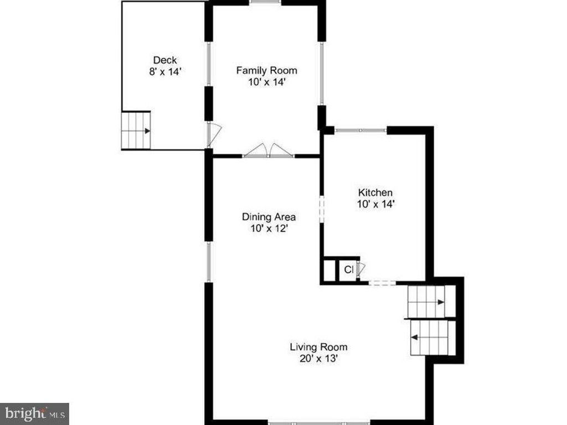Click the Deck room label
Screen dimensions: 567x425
point(165,60)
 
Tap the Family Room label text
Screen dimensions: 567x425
point(267,70)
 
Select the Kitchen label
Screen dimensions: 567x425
point(375,192)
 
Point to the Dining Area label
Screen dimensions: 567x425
point(269,217)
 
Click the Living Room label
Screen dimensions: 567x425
point(318,347)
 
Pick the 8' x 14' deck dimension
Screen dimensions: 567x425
point(165,71)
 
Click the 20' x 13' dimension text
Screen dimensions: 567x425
point(318,359)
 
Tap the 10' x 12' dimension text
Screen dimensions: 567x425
point(269,229)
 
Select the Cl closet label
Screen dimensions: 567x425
point(349,269)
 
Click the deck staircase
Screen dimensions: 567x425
point(136,131)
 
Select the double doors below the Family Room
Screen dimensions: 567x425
point(269,151)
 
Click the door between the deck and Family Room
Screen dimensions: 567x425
point(214,134)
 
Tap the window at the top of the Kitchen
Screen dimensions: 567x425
point(361,130)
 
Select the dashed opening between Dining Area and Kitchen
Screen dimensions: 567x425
point(322,210)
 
